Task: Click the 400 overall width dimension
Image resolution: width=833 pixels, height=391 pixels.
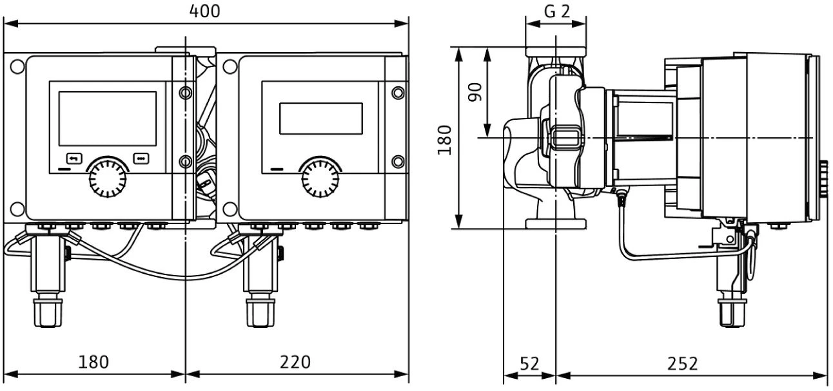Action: click(206, 11)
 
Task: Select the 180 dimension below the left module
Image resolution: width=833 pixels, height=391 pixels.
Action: click(93, 362)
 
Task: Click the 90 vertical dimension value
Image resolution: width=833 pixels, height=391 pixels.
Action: click(475, 92)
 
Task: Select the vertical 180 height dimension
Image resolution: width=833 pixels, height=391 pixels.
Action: click(444, 139)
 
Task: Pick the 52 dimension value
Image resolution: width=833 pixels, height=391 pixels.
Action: click(529, 363)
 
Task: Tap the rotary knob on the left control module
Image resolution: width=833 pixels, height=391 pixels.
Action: click(107, 178)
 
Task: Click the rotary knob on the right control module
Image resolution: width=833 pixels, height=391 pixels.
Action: click(320, 178)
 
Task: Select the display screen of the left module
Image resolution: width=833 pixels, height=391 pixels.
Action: click(108, 118)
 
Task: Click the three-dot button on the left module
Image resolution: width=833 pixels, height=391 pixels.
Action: click(141, 157)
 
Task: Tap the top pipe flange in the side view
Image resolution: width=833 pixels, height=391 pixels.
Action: click(556, 51)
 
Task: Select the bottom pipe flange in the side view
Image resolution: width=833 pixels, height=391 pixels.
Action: click(556, 224)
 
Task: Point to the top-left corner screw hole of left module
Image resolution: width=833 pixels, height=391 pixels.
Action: click(18, 66)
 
